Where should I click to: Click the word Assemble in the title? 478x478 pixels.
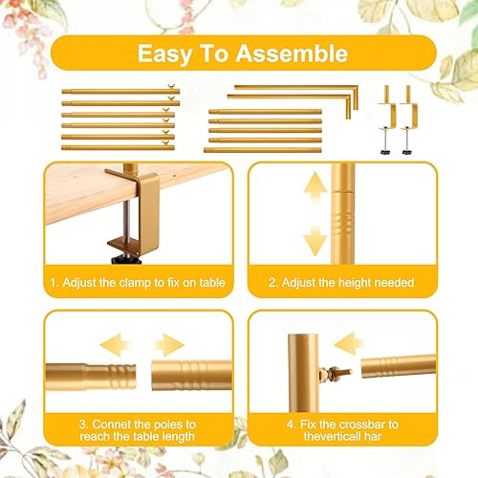click(x=292, y=54)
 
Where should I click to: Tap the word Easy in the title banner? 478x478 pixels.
click(x=164, y=54)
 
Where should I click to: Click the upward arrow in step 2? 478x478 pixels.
click(x=315, y=188)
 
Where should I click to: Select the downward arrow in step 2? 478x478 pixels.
click(x=315, y=240)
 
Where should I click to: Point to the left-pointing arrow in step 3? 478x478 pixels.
click(x=115, y=345)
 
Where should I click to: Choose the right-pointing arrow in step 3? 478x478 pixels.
click(x=169, y=345)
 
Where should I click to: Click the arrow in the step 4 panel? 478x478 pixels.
click(x=349, y=343)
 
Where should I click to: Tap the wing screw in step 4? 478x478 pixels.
click(x=335, y=373)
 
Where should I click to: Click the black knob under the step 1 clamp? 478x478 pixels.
click(x=126, y=260)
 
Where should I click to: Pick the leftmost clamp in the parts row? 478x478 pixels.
click(x=387, y=119)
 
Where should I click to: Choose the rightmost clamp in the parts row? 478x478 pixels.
click(x=408, y=119)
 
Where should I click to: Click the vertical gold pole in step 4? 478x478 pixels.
click(x=303, y=373)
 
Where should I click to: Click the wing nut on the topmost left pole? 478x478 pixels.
click(x=172, y=87)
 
